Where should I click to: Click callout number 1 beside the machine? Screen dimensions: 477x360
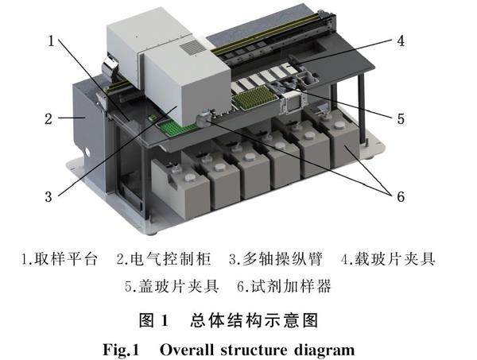point(50,41)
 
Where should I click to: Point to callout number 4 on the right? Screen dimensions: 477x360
point(401,39)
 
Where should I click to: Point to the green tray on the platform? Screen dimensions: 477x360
point(178,126)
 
